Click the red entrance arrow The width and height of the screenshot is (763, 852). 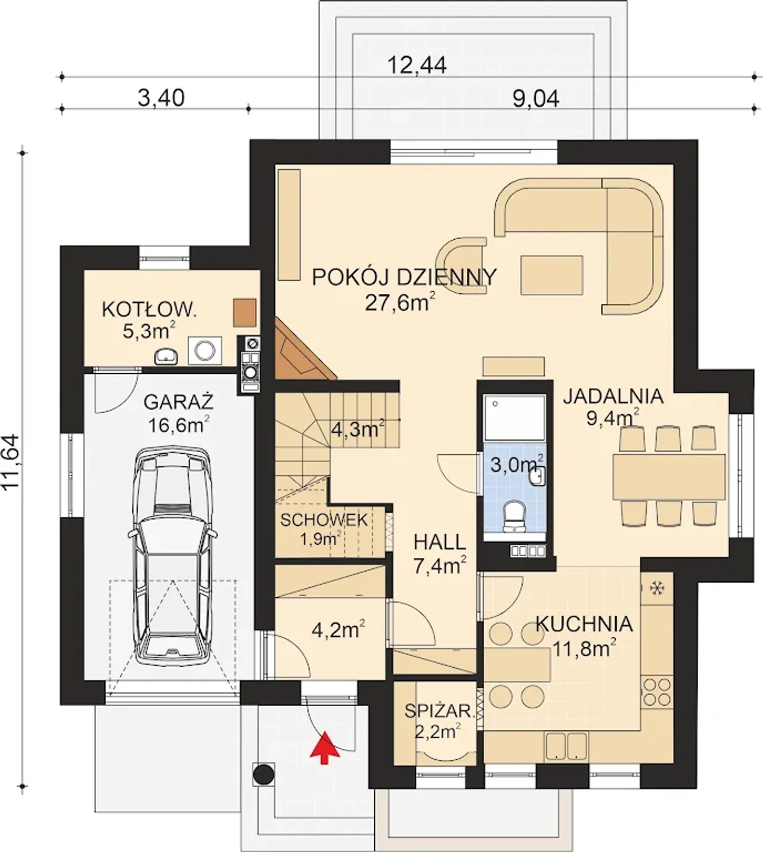pos(324,748)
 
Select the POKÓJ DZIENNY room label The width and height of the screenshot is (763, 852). pos(404,277)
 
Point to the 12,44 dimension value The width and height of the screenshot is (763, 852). pos(417,65)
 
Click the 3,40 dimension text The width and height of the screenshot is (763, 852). pos(161,98)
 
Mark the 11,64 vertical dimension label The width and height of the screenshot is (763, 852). pos(11,461)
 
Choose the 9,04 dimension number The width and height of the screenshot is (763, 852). pos(536,99)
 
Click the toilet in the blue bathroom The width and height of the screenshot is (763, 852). pos(514,515)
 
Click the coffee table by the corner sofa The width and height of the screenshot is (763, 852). pos(551,275)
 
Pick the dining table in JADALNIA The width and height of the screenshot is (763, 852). pos(669,476)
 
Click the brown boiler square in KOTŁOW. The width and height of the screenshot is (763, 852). pos(244,313)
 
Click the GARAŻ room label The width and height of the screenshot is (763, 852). pos(179,402)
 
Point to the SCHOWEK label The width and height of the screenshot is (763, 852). pos(324,520)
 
